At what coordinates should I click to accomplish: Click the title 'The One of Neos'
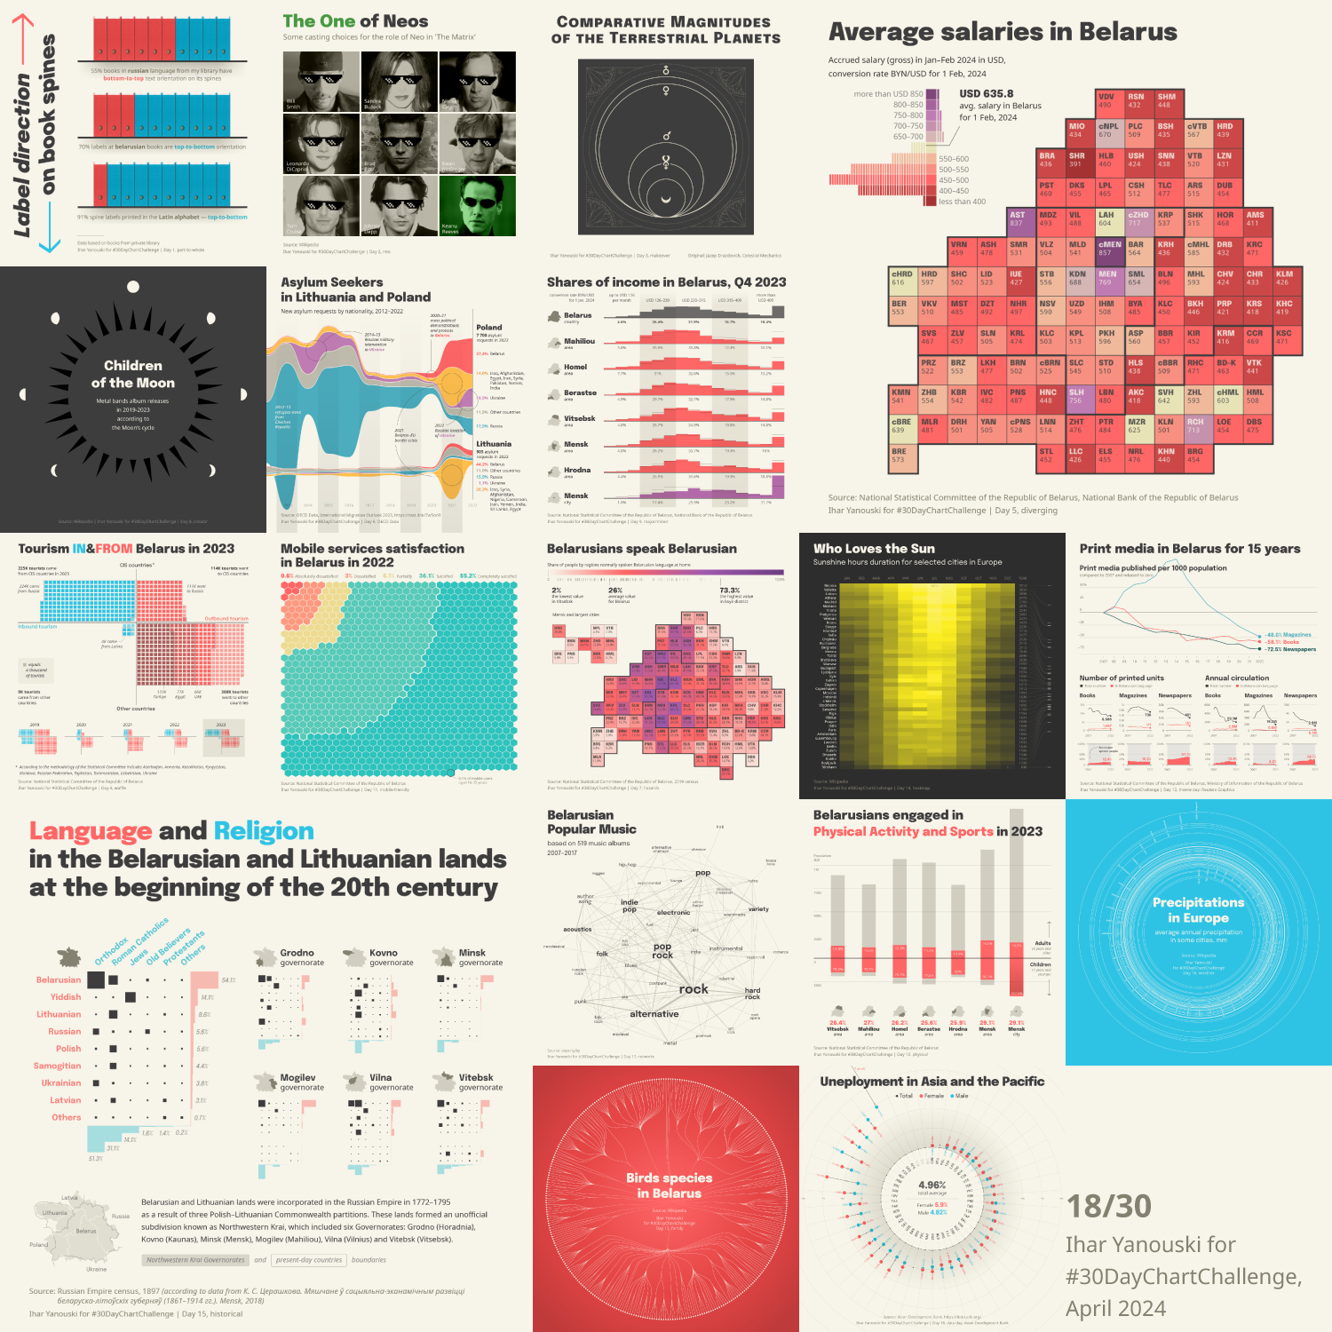[355, 21]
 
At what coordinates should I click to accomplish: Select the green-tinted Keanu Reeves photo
[477, 205]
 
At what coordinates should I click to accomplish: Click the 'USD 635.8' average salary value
[986, 93]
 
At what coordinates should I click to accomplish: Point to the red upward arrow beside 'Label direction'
[23, 36]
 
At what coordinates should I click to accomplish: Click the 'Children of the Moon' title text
[133, 374]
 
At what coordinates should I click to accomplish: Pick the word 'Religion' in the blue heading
[264, 831]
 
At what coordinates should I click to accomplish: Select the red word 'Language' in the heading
[90, 831]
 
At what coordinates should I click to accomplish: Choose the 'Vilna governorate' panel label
[391, 1082]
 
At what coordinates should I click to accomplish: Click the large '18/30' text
[1108, 1206]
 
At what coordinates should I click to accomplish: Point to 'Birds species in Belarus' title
[669, 1185]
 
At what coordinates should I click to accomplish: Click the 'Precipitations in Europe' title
[1198, 909]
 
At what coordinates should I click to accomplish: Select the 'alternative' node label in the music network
[654, 1014]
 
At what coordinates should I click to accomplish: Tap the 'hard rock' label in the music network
[752, 994]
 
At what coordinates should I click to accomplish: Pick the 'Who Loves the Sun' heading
[874, 549]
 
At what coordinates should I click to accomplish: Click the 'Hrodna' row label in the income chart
[577, 470]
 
